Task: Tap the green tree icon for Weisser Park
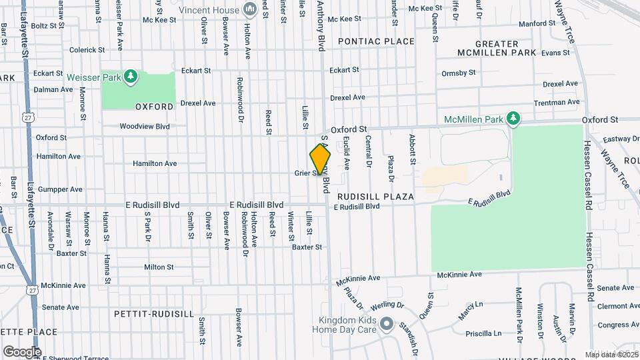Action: pyautogui.click(x=131, y=77)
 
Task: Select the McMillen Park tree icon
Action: pyautogui.click(x=512, y=119)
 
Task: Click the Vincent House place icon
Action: pyautogui.click(x=250, y=9)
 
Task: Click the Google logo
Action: pyautogui.click(x=22, y=351)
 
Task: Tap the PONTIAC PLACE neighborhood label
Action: pyautogui.click(x=376, y=41)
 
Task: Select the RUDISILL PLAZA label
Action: pyautogui.click(x=375, y=197)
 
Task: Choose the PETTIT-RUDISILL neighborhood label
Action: pyautogui.click(x=154, y=313)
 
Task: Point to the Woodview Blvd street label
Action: pyautogui.click(x=145, y=126)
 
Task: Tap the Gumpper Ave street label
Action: pyautogui.click(x=60, y=189)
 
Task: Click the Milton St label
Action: pyautogui.click(x=159, y=267)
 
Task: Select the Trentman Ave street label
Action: pyautogui.click(x=557, y=103)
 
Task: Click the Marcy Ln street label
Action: pyautogui.click(x=471, y=311)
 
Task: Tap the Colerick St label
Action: pyautogui.click(x=87, y=50)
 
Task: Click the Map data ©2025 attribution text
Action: pyautogui.click(x=611, y=355)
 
